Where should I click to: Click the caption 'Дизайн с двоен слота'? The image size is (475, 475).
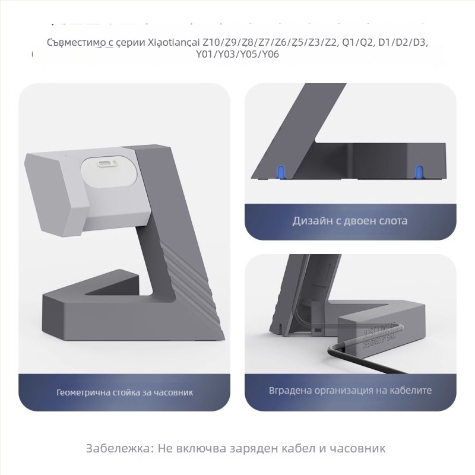pyautogui.click(x=350, y=221)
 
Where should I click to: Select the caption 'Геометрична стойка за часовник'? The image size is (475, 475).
pyautogui.click(x=125, y=392)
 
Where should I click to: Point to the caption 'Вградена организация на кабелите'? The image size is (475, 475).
pyautogui.click(x=350, y=390)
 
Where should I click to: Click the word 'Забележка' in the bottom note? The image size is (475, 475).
pyautogui.click(x=119, y=448)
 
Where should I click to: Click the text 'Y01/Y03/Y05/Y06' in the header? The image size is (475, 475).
pyautogui.click(x=237, y=55)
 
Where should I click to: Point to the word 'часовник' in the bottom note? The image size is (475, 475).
pyautogui.click(x=359, y=448)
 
